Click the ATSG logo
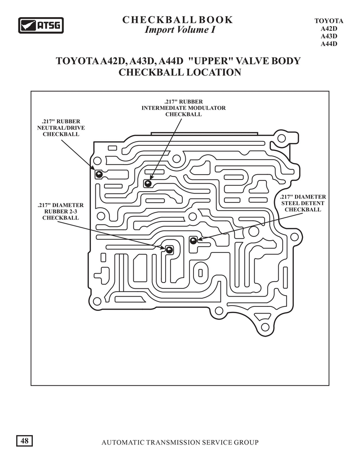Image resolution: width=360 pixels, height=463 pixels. (41, 25)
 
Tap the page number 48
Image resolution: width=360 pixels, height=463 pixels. (24, 441)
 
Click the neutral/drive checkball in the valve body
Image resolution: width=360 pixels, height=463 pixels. (99, 174)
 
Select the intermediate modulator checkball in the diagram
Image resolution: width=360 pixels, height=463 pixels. (148, 184)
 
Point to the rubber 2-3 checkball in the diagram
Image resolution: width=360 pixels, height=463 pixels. (169, 250)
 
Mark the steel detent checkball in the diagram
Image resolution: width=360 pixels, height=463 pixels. (193, 240)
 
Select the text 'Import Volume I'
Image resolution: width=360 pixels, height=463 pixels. (180, 30)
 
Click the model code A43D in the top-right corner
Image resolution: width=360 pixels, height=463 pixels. (329, 36)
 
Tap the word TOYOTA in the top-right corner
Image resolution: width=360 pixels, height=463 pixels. (328, 21)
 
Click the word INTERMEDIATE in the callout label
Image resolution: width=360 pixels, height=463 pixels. (164, 108)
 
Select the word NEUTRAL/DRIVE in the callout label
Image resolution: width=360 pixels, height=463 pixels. (61, 128)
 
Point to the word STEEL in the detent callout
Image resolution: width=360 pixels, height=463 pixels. (290, 203)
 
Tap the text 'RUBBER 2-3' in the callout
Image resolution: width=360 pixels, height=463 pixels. (61, 211)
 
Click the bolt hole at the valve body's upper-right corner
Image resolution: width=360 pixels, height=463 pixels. (281, 138)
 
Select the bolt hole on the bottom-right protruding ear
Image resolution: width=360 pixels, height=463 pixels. (265, 327)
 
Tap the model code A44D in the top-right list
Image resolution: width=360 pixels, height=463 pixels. (329, 44)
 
